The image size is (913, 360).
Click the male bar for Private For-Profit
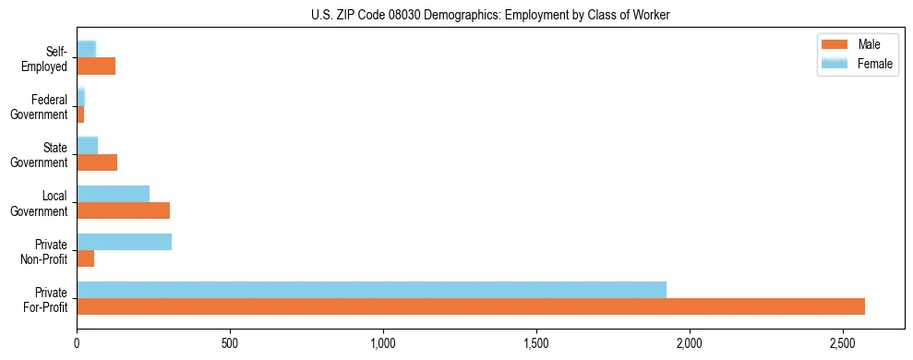point(471,306)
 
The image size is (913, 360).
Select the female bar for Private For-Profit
point(371,290)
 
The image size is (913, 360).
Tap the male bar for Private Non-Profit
point(85,258)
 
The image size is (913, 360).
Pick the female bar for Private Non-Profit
point(124,242)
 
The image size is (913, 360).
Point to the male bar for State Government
point(97,162)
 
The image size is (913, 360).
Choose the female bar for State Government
point(87,146)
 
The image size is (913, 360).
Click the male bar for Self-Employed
point(96,66)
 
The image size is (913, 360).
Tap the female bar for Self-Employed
point(86,49)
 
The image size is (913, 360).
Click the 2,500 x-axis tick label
point(843,343)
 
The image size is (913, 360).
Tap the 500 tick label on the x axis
point(230,343)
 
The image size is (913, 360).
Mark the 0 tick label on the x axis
point(77,343)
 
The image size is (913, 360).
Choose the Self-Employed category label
point(45,58)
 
